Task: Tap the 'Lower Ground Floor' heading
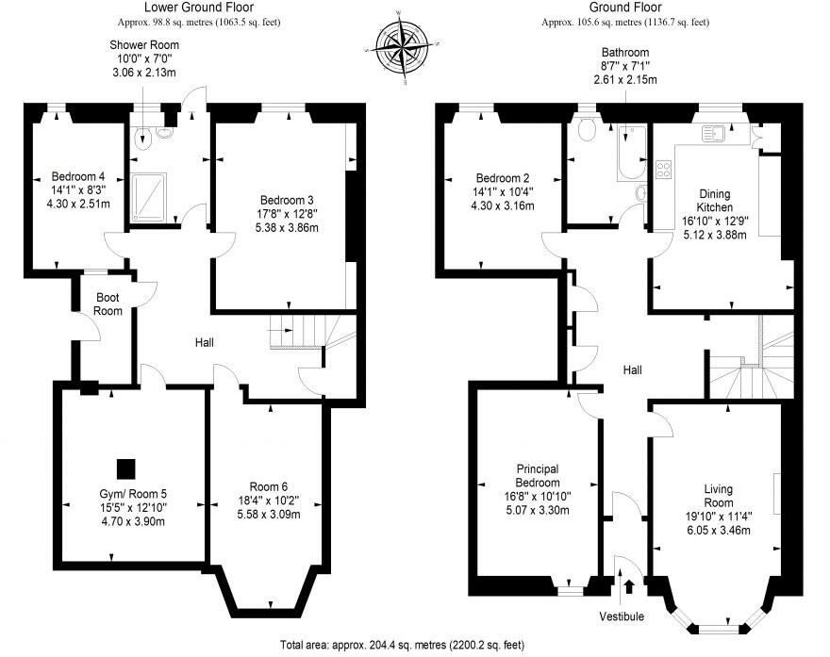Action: pyautogui.click(x=200, y=8)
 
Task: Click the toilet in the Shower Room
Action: pyautogui.click(x=143, y=139)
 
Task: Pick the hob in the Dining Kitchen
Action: pyautogui.click(x=663, y=170)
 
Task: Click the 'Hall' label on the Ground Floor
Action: pyautogui.click(x=633, y=370)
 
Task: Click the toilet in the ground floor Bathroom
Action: pyautogui.click(x=589, y=130)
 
